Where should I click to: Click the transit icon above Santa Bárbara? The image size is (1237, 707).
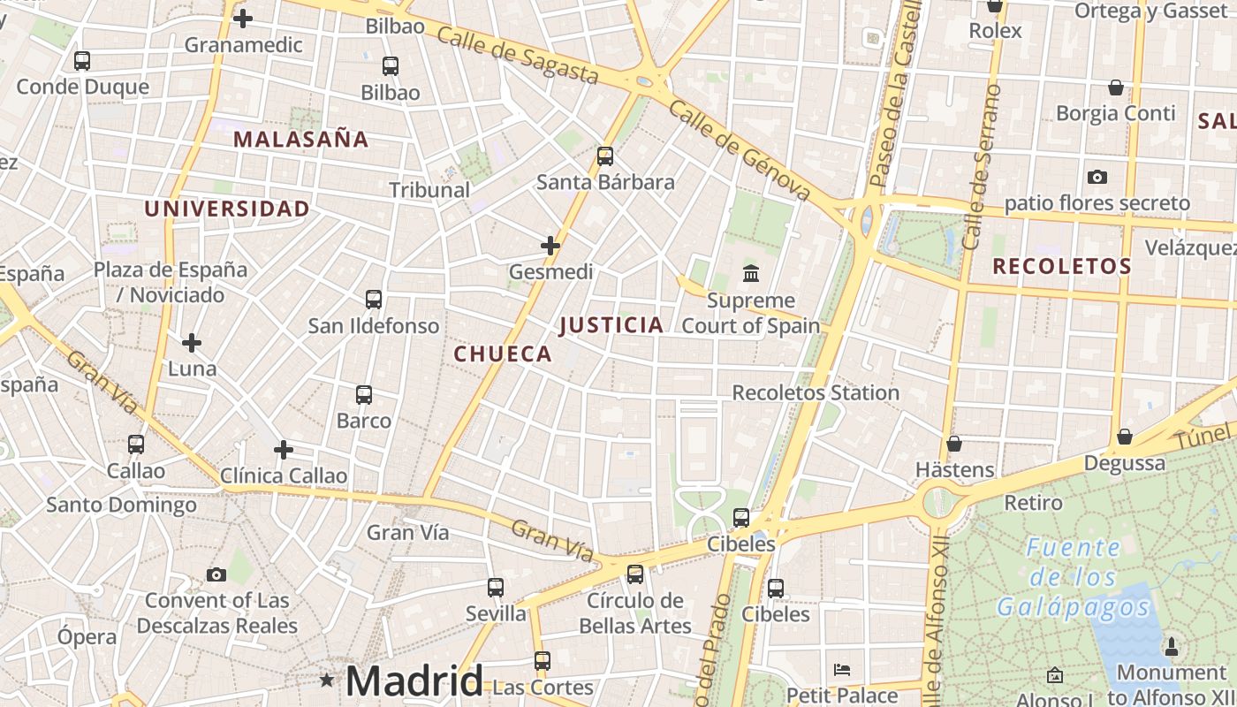(x=605, y=156)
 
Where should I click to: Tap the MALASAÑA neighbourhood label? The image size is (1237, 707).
(x=301, y=139)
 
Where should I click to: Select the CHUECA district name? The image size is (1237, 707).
(x=503, y=354)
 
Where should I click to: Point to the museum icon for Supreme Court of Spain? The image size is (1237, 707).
(x=751, y=273)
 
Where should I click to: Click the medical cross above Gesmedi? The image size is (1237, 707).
(x=550, y=246)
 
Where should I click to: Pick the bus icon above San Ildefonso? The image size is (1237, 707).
(x=374, y=300)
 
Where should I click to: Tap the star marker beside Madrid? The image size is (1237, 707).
(x=327, y=680)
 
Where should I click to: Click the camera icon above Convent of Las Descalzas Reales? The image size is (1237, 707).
(x=216, y=575)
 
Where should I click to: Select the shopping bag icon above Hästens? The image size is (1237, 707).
(x=954, y=444)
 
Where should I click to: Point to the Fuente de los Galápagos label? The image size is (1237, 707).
(x=1074, y=577)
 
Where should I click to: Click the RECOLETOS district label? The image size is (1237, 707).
(x=1062, y=266)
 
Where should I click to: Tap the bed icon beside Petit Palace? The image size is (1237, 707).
(x=842, y=670)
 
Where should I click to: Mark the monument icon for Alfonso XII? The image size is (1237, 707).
(x=1172, y=647)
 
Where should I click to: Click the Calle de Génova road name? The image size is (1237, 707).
(x=740, y=150)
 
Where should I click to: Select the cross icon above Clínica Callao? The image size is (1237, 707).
(x=283, y=450)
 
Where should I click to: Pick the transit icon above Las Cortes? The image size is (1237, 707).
(x=543, y=661)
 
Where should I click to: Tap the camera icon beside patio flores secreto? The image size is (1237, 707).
(x=1097, y=178)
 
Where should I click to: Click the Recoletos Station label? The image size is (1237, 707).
(x=816, y=392)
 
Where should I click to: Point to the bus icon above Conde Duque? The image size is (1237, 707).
(x=82, y=61)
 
